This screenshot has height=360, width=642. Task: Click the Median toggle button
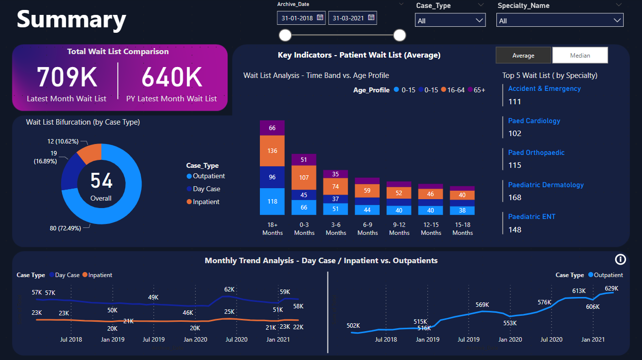pos(580,56)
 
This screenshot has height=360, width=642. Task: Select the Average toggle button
pos(523,56)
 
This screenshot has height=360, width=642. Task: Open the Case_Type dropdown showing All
pos(450,20)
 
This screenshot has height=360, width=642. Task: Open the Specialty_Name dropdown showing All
pos(560,20)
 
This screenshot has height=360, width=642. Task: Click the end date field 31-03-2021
pos(352,18)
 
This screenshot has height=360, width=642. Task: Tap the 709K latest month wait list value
pos(67,77)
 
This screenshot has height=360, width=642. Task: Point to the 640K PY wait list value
pos(172,77)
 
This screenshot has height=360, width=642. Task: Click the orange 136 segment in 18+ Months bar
pos(272,151)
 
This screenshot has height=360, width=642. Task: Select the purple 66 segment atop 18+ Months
pos(272,128)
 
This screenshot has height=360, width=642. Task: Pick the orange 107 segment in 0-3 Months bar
pos(304,177)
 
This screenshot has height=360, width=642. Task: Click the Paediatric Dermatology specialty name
pos(546,185)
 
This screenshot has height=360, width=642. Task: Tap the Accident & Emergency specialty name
pos(544,88)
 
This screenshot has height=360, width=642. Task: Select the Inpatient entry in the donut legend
pos(206,202)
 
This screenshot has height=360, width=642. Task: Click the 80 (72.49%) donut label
pos(67,229)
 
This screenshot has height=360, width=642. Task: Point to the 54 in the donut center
pos(101,181)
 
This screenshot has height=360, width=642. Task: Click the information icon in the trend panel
pos(620,259)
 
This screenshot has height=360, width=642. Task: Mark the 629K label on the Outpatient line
pos(611,288)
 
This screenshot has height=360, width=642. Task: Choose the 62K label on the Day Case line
pos(229,289)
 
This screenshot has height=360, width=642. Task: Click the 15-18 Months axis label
pos(463,228)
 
